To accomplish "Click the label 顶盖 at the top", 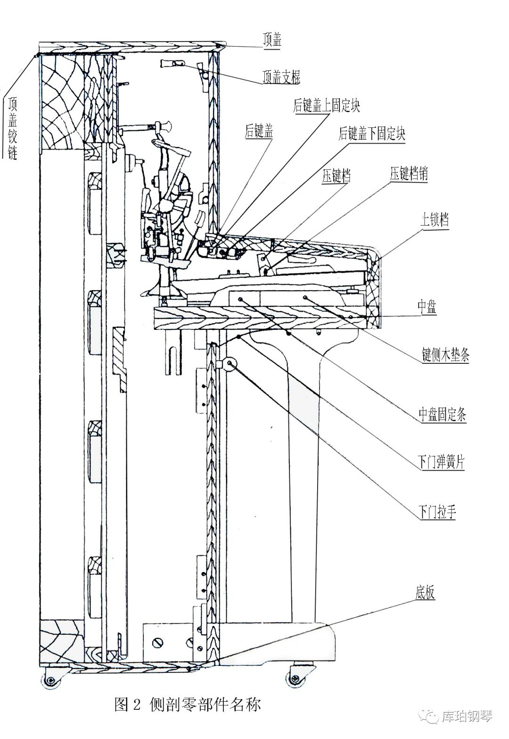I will [x=272, y=41].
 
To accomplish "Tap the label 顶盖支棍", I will [x=281, y=77].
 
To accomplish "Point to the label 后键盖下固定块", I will [x=372, y=134].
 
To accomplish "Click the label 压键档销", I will [x=409, y=174].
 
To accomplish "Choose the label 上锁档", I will [x=434, y=220].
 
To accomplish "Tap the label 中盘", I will [x=427, y=307].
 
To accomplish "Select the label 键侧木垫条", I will [x=445, y=354].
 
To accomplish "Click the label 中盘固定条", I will [x=443, y=415].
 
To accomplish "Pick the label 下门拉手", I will [x=437, y=512].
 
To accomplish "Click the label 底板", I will [x=425, y=593].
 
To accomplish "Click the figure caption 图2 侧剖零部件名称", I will [x=187, y=705].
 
